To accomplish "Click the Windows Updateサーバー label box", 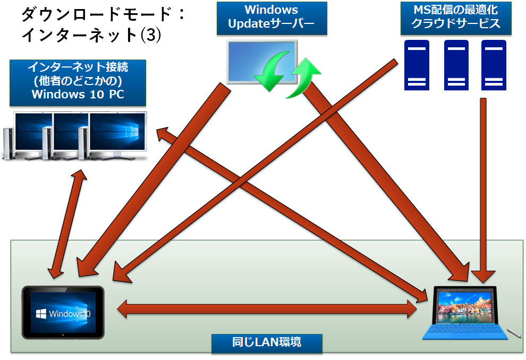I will click(x=272, y=17).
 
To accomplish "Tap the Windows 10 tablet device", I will click(x=63, y=313).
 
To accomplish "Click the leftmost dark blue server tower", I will click(x=418, y=64).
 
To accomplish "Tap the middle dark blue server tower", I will click(x=456, y=64).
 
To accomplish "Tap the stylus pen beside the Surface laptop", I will click(x=513, y=333).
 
